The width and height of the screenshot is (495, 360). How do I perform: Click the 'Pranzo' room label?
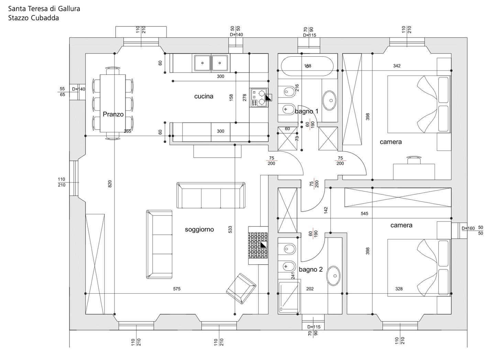(113, 114)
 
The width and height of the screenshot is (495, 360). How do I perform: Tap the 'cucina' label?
(204, 96)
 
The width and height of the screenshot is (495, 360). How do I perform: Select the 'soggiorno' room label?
(199, 229)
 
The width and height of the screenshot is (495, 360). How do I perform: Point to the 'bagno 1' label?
(307, 111)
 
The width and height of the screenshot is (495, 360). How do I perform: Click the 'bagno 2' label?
(311, 269)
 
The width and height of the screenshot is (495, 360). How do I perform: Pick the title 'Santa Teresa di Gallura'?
(44, 9)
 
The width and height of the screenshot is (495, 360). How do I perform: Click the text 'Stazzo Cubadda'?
(34, 18)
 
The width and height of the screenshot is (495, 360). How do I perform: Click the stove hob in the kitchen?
(259, 98)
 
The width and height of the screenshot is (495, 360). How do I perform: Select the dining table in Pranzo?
(113, 103)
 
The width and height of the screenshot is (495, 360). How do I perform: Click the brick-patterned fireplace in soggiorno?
(258, 245)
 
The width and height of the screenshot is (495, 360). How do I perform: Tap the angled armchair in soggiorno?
(241, 289)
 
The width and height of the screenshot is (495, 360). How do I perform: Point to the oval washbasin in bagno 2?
(334, 276)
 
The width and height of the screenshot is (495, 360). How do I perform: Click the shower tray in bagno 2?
(289, 298)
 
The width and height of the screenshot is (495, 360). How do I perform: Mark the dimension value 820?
(110, 184)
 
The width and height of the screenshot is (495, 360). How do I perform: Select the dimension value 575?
(177, 289)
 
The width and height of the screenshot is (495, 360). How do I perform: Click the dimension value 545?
(364, 214)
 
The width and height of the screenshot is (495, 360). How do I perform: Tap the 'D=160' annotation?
(468, 228)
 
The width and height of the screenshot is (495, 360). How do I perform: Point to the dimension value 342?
(397, 66)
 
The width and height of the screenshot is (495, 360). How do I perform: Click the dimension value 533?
(230, 229)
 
